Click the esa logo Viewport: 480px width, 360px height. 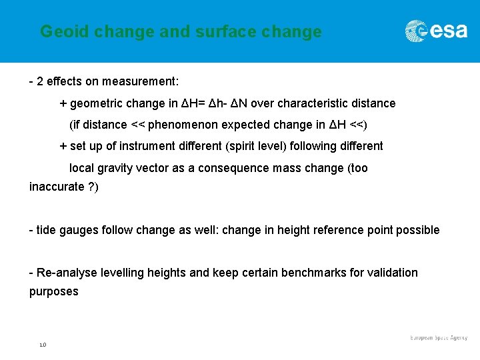437,31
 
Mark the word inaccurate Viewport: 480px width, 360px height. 56,187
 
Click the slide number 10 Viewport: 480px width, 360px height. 42,345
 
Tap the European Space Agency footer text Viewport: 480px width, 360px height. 439,338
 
